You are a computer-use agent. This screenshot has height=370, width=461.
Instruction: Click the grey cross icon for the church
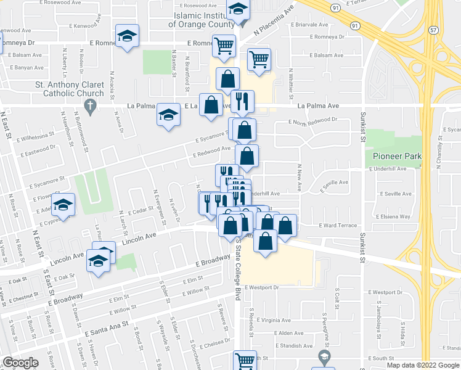point(89,107)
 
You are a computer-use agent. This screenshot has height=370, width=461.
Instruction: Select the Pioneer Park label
point(398,156)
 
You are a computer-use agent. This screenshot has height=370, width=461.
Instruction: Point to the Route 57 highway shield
point(434,30)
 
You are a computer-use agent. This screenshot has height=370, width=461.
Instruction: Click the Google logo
point(20,363)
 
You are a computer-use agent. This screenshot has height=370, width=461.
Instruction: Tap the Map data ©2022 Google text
point(423,365)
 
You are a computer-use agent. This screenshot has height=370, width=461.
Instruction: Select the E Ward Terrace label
point(338,226)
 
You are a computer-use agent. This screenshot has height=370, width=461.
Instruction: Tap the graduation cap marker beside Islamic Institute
point(237,10)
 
